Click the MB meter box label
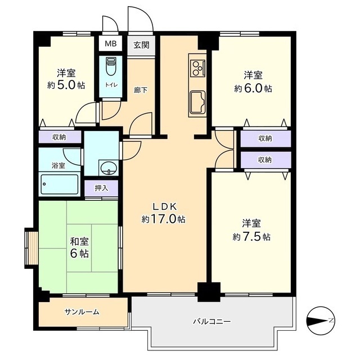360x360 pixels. pyautogui.click(x=111, y=43)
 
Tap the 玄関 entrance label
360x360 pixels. pyautogui.click(x=141, y=45)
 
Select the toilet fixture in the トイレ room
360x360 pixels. pyautogui.click(x=111, y=66)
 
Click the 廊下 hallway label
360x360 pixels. pyautogui.click(x=141, y=90)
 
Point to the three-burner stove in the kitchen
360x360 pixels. pyautogui.click(x=197, y=68)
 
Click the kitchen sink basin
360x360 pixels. pyautogui.click(x=197, y=102)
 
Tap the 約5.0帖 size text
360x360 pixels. pyautogui.click(x=66, y=85)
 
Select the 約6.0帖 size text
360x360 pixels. pyautogui.click(x=253, y=88)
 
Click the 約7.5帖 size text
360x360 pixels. pyautogui.click(x=251, y=236)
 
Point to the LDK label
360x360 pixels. pyautogui.click(x=165, y=206)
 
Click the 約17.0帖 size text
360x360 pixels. pyautogui.click(x=163, y=219)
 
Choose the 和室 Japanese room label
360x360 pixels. pyautogui.click(x=79, y=241)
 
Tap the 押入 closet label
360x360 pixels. pyautogui.click(x=101, y=188)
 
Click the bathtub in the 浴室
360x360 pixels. pyautogui.click(x=60, y=184)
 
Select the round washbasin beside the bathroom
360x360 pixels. pyautogui.click(x=109, y=168)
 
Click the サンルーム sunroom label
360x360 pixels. pyautogui.click(x=82, y=312)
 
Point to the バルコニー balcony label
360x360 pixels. pyautogui.click(x=211, y=321)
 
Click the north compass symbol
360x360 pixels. pyautogui.click(x=321, y=320)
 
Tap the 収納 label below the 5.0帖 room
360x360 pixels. pyautogui.click(x=59, y=137)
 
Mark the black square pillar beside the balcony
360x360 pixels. pyautogui.click(x=209, y=292)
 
